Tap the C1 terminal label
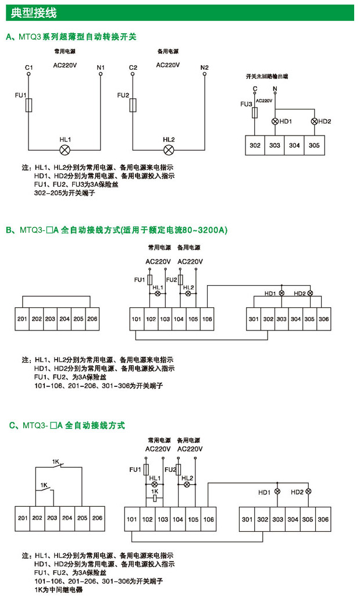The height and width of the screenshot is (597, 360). pos(28,68)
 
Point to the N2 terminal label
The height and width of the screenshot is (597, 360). pos(204,67)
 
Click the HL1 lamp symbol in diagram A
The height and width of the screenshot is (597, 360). pos(66,150)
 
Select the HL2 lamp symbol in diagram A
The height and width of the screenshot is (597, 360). pos(169,150)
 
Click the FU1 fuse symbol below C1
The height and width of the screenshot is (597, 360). pos(28,105)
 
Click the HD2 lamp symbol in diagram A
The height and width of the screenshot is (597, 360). pos(315,122)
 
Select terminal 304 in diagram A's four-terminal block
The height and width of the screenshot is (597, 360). pos(294,145)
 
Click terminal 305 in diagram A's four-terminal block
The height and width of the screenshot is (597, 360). pos(314,145)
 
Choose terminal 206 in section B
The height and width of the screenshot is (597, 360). pos(92,319)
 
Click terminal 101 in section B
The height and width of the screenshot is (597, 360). pos(137,319)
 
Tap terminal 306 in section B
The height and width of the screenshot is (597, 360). pos(324,319)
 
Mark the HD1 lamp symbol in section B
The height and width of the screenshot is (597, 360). pos(282,293)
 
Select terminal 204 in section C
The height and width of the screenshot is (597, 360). pos(67,518)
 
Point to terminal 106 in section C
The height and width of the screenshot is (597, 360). pos(208,519)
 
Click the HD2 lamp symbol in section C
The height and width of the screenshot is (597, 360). pos(308,492)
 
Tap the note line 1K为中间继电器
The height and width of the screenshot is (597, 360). pos(59,589)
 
